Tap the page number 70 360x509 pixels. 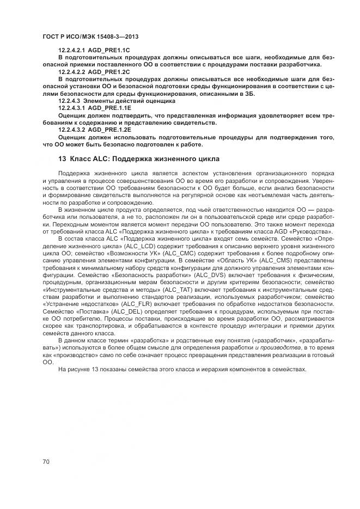[x=46, y=462]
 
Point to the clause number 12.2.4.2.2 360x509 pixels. [x=72, y=72]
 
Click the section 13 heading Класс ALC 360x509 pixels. [x=138, y=160]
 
